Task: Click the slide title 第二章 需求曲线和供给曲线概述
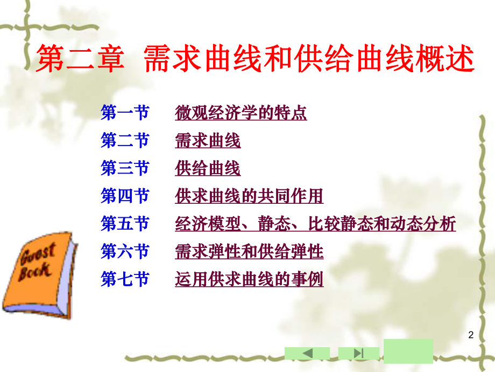(x=255, y=60)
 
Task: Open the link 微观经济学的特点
(x=241, y=113)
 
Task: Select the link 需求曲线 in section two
(x=208, y=141)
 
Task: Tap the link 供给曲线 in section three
(x=208, y=169)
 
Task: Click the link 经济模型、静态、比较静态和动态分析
(x=315, y=224)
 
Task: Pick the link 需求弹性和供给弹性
(x=249, y=251)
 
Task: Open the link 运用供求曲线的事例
(x=249, y=279)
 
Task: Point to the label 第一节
(x=125, y=113)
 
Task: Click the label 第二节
(x=125, y=141)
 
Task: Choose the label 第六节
(x=125, y=251)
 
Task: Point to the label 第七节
(x=125, y=279)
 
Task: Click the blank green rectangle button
(x=408, y=350)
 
